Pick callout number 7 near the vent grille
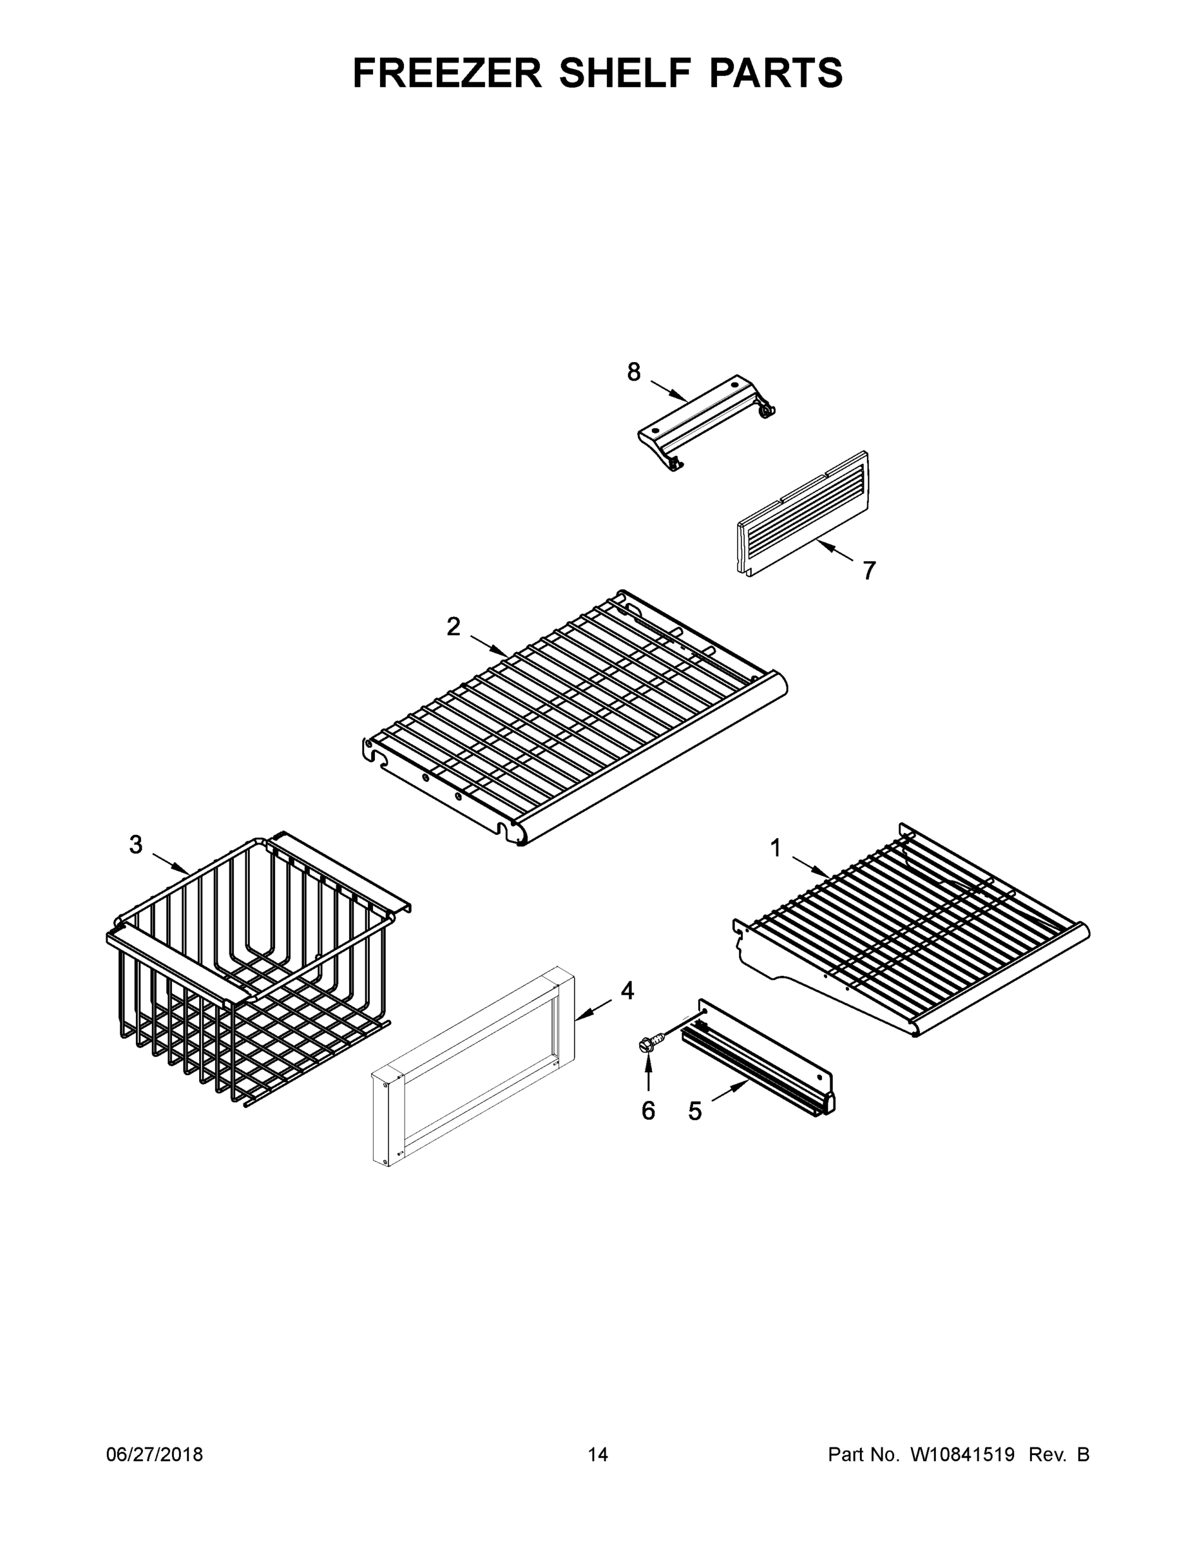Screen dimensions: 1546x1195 coord(869,570)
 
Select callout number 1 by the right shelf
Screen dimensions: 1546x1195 coord(776,847)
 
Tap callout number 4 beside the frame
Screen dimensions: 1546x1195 coord(627,991)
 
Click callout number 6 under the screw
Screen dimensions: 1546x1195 coord(649,1111)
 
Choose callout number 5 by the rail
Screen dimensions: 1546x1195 coord(695,1111)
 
